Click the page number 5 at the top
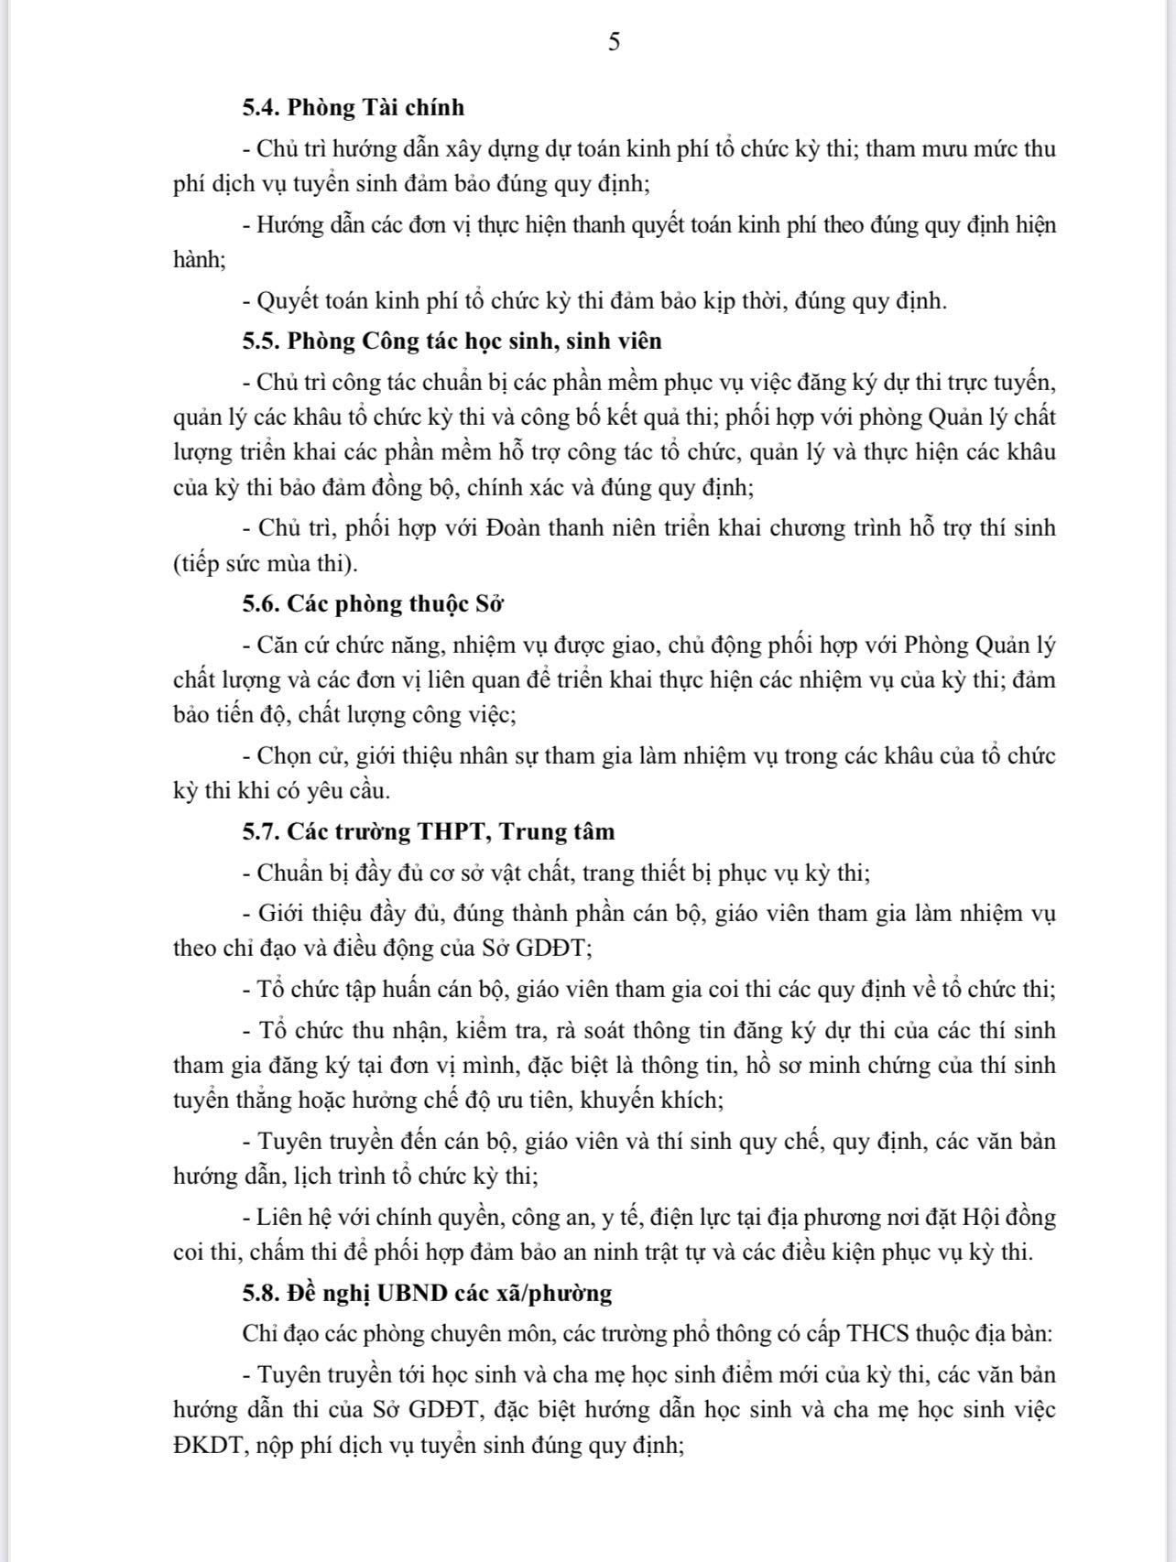pyautogui.click(x=614, y=42)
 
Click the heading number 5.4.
pyautogui.click(x=261, y=108)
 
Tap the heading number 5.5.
pyautogui.click(x=261, y=342)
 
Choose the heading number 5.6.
pyautogui.click(x=261, y=604)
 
